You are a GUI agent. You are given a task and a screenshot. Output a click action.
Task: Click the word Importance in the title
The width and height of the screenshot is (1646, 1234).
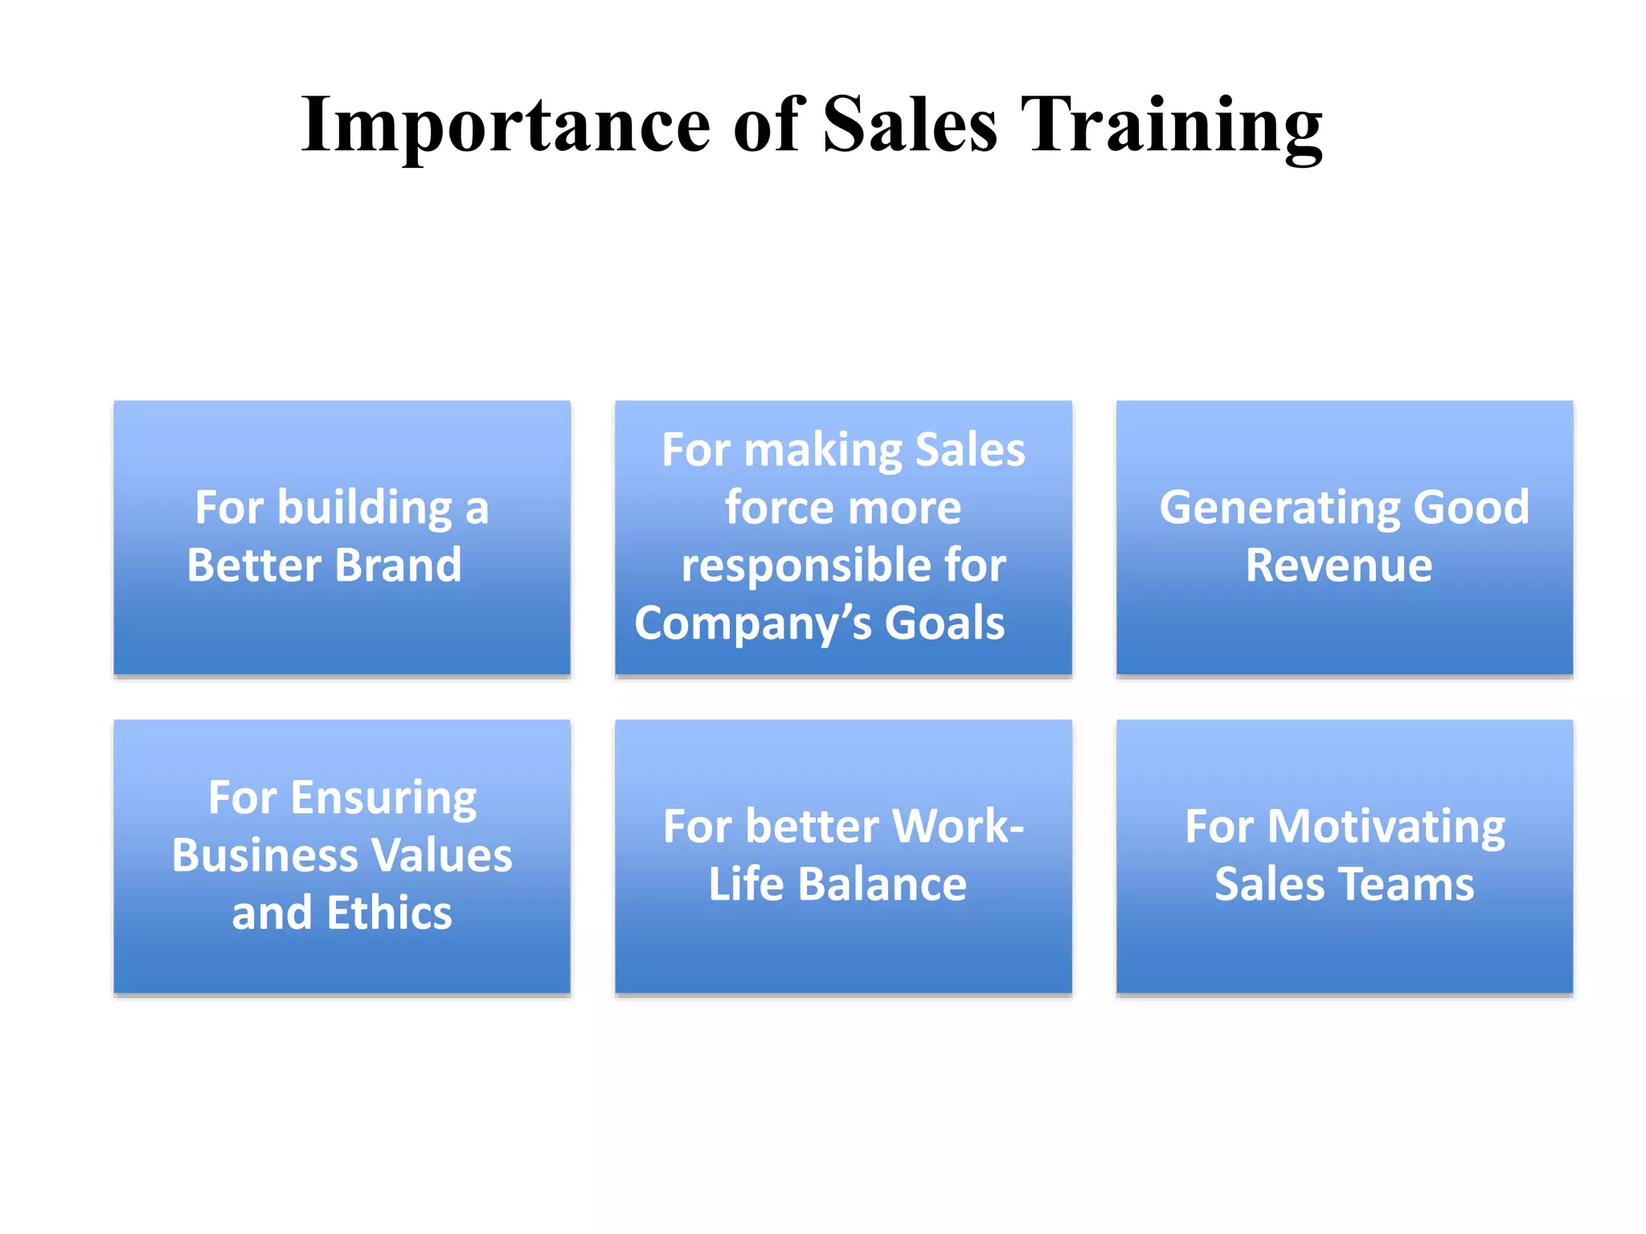[506, 125]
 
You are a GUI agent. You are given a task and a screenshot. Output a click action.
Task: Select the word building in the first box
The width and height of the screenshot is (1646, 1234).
[365, 508]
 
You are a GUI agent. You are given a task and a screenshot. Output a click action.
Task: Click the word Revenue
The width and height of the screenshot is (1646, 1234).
[1338, 565]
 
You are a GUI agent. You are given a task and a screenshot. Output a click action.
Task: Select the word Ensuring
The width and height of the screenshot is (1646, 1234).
[383, 798]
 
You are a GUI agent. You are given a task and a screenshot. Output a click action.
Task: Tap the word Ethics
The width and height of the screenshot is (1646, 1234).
[389, 913]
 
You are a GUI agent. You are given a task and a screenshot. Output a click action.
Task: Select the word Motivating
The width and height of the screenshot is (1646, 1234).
[1386, 827]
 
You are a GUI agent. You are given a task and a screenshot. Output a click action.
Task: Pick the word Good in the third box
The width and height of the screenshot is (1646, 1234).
[1471, 508]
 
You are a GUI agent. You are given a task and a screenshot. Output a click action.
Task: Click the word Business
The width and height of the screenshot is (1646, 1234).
[256, 855]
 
